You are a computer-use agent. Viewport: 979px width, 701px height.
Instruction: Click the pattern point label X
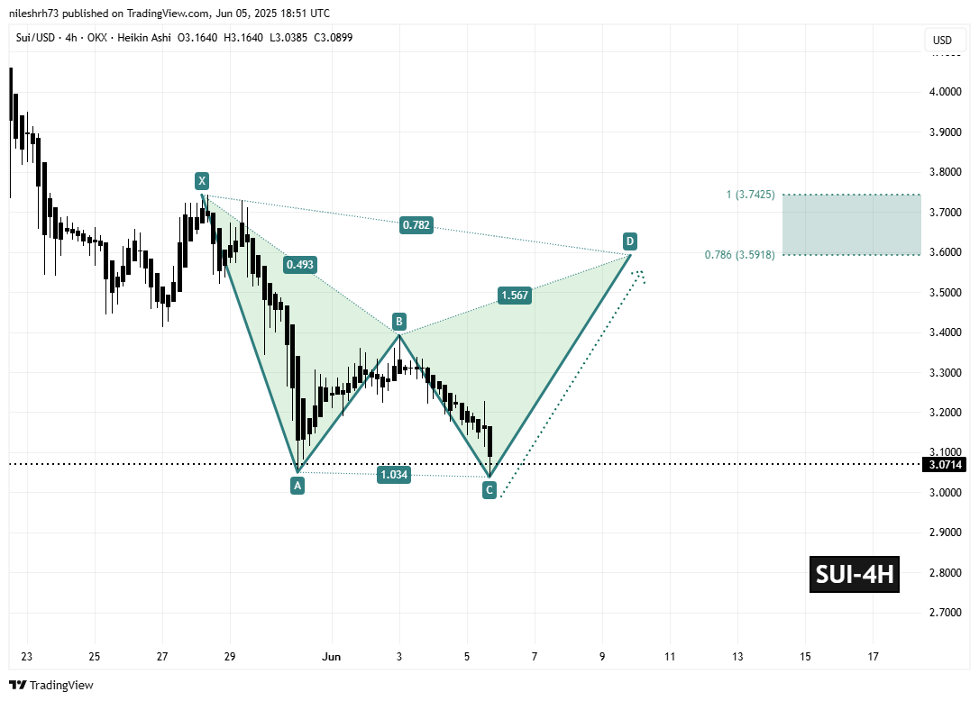(204, 180)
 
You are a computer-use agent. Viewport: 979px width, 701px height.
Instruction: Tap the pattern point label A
(297, 485)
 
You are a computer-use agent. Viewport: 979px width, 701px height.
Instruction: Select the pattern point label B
(398, 321)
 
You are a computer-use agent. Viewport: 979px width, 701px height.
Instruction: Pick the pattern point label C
(489, 490)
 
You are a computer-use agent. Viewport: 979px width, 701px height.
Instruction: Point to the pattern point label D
(630, 241)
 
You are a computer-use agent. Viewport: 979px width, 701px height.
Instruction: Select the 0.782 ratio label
(417, 225)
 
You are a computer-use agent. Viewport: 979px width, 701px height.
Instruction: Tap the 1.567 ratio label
(512, 295)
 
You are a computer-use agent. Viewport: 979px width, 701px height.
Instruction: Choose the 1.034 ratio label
(394, 475)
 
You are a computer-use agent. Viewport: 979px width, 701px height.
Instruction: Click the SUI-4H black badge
(855, 575)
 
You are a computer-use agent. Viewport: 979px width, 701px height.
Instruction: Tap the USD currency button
(942, 41)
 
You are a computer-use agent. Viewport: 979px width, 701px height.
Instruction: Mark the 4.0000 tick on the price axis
(945, 92)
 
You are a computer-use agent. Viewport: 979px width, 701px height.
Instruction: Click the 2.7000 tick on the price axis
(945, 613)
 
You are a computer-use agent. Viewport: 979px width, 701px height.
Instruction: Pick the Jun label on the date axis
(332, 656)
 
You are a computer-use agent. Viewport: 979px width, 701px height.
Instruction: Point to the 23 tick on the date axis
(27, 656)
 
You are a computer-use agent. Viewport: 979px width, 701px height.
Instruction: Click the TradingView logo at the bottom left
(52, 685)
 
